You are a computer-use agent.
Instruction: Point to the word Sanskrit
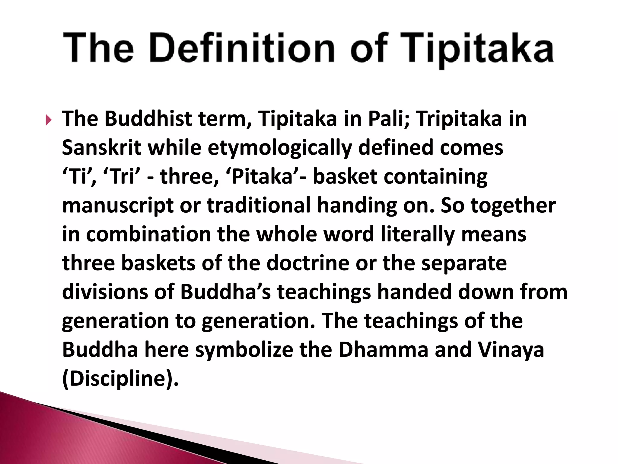101,148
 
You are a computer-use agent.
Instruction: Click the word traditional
258,205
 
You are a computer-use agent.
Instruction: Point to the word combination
148,235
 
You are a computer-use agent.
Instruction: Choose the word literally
417,235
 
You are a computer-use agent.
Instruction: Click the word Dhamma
383,350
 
